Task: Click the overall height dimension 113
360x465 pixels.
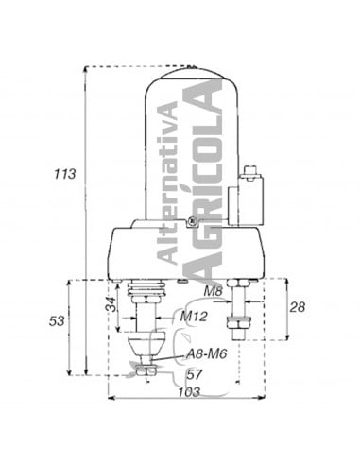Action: point(64,175)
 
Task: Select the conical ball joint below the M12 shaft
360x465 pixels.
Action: point(143,343)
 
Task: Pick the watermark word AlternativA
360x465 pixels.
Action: point(166,183)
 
